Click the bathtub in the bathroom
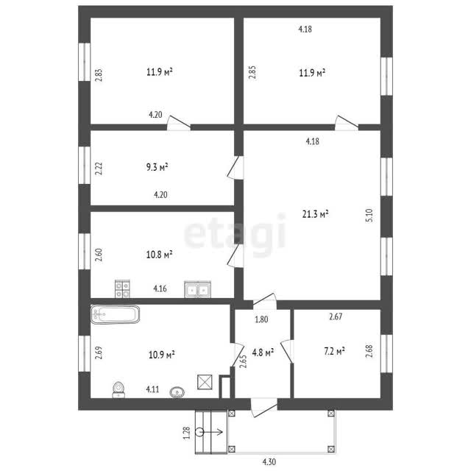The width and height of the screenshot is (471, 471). [115, 314]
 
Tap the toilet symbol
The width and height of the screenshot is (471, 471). [118, 389]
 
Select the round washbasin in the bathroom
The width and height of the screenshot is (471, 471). [177, 392]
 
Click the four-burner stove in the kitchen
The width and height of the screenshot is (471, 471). [122, 288]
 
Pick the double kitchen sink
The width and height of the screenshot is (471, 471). [198, 289]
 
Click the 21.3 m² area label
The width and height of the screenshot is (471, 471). [315, 214]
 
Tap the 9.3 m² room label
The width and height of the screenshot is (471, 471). [157, 167]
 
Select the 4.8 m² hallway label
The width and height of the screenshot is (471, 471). [263, 352]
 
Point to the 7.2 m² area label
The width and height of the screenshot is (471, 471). [334, 351]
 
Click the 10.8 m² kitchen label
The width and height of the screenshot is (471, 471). [159, 255]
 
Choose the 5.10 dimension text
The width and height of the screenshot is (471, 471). [369, 216]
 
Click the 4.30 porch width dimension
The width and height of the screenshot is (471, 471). [269, 461]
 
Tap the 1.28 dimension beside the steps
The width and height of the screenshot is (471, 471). [187, 433]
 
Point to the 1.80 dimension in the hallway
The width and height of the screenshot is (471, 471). [261, 319]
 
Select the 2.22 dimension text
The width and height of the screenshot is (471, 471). [99, 169]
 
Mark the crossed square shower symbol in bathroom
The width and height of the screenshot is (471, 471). [205, 382]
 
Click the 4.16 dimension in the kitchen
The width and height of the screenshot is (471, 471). [160, 288]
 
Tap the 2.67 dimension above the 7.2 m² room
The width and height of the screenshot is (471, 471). [336, 316]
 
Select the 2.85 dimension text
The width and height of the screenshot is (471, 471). [252, 72]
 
